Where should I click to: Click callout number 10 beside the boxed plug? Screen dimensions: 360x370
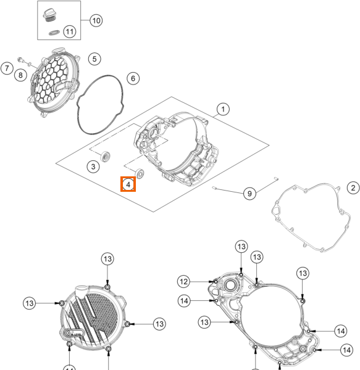tap(96, 20)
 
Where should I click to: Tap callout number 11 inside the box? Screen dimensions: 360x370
tap(70, 31)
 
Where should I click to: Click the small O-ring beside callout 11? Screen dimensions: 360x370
tap(54, 33)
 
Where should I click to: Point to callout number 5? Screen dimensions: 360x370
tap(94, 59)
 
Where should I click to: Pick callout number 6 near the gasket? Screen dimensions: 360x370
tap(133, 78)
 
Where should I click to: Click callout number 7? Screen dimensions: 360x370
tap(7, 68)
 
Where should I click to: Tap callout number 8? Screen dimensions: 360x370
tap(20, 75)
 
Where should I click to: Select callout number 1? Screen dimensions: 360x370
tap(223, 109)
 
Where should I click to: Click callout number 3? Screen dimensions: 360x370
tap(93, 166)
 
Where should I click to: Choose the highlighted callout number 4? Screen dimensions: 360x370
tap(128, 184)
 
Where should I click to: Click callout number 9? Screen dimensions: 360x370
tap(249, 194)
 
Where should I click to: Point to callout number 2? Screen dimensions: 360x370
tap(353, 188)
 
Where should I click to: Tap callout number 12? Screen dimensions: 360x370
tap(183, 282)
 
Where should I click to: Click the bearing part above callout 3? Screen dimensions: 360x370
tap(105, 157)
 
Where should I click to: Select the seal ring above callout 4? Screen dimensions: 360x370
tap(140, 174)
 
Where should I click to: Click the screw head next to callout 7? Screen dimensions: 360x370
tap(20, 59)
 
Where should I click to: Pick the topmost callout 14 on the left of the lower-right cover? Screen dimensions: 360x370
tap(184, 301)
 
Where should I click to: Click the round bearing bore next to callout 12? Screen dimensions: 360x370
tap(228, 285)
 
